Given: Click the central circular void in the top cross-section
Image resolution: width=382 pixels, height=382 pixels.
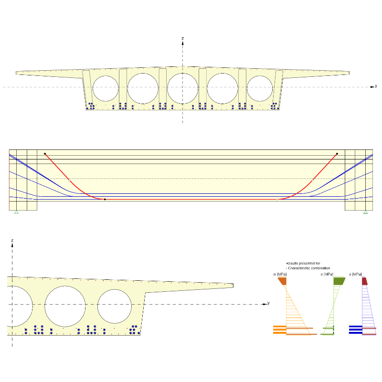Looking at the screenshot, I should (182, 88).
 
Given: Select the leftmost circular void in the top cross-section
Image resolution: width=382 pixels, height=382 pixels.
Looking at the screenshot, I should (106, 89).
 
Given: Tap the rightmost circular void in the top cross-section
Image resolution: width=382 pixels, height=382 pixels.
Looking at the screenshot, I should (260, 89).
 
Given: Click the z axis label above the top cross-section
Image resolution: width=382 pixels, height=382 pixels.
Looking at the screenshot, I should (183, 38).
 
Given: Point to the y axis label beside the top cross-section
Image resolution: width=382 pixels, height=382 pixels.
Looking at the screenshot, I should (376, 86).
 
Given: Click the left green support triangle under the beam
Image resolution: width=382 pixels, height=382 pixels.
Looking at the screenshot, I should (16, 212).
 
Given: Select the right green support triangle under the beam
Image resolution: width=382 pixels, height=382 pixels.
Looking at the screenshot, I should (365, 212).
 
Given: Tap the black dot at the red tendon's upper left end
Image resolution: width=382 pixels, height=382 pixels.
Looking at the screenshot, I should (45, 154).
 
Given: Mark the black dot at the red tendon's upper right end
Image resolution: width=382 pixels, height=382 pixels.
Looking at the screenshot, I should (337, 154).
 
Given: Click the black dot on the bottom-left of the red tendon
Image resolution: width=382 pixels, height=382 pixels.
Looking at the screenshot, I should (105, 199).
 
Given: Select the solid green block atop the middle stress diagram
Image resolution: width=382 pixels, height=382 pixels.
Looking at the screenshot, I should (339, 281).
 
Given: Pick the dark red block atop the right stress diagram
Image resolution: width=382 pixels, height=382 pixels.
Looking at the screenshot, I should (364, 281).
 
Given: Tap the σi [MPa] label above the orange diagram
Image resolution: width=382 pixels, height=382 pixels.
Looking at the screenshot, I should (280, 275).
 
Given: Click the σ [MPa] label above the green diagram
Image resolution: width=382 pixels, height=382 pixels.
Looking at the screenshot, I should (327, 275).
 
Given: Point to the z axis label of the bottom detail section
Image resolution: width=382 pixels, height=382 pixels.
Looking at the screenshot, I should (12, 240).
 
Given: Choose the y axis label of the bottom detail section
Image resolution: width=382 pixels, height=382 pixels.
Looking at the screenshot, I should (268, 303).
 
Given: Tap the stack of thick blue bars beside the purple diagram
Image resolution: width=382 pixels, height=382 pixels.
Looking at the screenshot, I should (355, 329).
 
